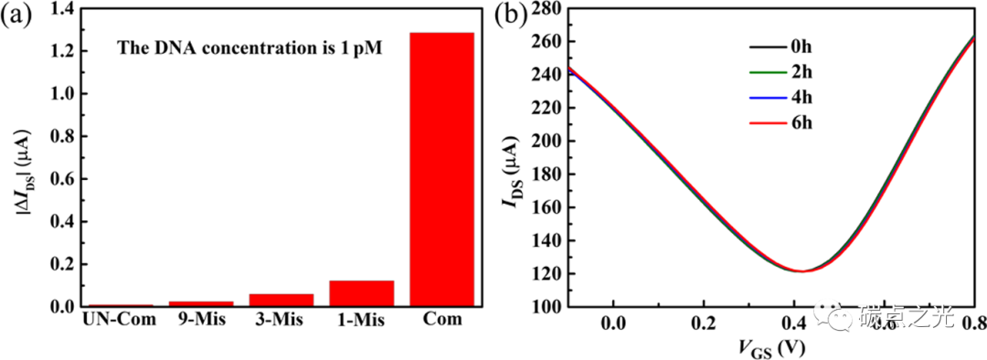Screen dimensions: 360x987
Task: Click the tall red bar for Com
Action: point(441,169)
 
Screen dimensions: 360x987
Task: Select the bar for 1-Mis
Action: point(361,293)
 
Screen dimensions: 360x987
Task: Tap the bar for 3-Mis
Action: point(281,300)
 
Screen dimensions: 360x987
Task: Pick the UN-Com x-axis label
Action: point(119,320)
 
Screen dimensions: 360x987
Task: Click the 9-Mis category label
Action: point(201,320)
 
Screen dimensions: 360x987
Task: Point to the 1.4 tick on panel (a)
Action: point(61,8)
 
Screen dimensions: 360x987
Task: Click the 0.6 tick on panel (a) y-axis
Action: point(61,179)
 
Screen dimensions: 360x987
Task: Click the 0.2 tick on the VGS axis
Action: point(703,323)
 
